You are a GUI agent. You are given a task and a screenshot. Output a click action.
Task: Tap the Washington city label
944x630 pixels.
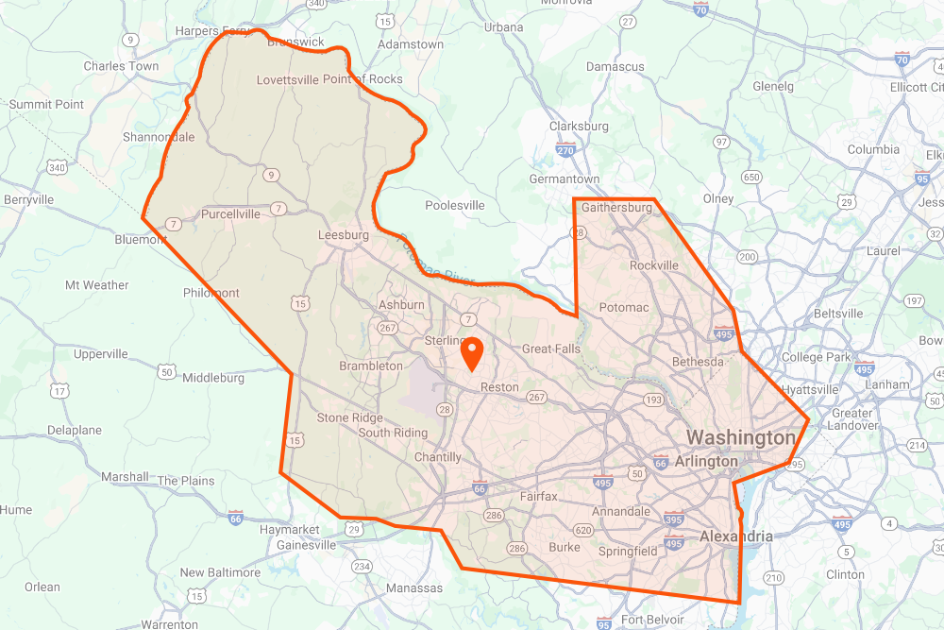point(741,438)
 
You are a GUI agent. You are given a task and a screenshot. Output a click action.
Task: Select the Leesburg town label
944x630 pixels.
point(344,235)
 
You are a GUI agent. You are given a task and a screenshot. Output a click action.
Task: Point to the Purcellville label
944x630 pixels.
point(230,214)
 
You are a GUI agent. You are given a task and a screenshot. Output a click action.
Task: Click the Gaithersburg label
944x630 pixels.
point(617,207)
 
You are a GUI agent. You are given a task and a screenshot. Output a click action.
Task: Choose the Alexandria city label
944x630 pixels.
point(735,536)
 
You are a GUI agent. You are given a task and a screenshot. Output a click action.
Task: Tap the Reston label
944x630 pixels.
point(499,387)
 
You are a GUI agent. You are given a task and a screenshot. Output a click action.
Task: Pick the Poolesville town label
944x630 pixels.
point(455,205)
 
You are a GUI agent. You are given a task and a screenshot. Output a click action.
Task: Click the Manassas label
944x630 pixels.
point(414,588)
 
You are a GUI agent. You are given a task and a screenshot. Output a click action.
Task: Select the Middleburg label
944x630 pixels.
point(213,378)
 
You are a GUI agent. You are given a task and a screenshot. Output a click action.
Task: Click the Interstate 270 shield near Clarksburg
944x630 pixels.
point(566,149)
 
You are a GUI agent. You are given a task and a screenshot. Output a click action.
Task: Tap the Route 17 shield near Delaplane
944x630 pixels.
point(60,390)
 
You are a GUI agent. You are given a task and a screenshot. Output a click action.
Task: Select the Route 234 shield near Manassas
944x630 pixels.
point(362,566)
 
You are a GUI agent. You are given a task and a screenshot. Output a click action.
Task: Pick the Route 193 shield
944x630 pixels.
point(653,400)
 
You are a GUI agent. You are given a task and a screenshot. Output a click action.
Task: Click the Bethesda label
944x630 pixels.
point(698,362)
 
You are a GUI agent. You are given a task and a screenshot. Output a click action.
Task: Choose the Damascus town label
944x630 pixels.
point(615,67)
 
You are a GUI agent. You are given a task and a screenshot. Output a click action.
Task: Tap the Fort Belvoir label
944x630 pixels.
point(647,620)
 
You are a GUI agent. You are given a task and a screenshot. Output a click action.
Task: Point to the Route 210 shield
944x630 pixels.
point(774,577)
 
